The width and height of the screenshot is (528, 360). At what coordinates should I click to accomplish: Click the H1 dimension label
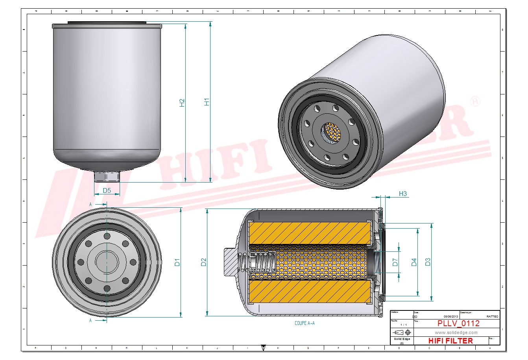click(207, 101)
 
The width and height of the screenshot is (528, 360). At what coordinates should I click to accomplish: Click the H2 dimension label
click(182, 103)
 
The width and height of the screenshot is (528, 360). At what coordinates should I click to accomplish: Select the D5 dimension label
click(107, 191)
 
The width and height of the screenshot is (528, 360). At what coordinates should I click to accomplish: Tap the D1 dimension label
click(177, 262)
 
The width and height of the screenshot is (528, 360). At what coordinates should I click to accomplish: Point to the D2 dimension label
click(203, 262)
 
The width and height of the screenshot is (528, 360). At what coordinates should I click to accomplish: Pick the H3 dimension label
click(403, 194)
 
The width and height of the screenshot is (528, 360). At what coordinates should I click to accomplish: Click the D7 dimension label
click(395, 262)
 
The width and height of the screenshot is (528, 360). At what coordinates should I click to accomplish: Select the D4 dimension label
click(414, 262)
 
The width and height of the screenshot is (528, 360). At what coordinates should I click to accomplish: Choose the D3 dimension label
click(428, 262)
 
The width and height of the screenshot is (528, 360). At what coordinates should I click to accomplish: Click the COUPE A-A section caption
click(305, 323)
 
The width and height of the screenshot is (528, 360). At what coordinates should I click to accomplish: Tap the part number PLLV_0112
click(458, 323)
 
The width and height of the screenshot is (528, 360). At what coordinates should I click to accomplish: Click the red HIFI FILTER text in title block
click(450, 341)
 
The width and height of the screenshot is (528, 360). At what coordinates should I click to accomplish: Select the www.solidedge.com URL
click(456, 332)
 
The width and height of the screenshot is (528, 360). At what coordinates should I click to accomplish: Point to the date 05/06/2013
click(450, 316)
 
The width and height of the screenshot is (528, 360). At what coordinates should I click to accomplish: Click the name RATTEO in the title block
click(492, 316)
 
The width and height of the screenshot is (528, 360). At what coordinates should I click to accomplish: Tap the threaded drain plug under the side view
click(107, 177)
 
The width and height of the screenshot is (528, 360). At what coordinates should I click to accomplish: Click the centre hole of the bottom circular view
click(107, 262)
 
